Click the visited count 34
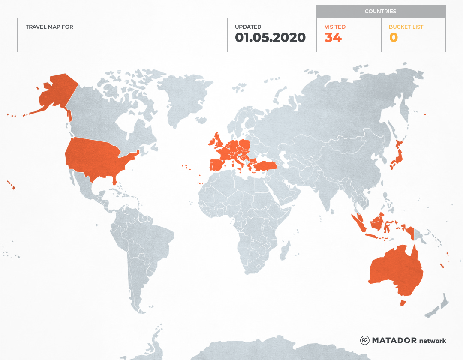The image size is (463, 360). click(333, 38)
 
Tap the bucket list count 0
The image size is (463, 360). click(393, 38)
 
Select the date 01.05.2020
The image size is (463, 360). click(270, 38)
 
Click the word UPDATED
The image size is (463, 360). click(248, 27)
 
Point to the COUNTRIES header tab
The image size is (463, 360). click(380, 12)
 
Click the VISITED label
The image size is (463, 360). click(335, 27)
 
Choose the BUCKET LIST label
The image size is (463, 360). click(406, 27)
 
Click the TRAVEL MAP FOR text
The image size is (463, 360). click(49, 27)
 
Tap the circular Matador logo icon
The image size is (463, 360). click(365, 340)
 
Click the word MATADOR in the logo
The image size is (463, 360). click(394, 340)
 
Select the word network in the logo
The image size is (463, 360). click(433, 341)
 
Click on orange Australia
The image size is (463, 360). click(397, 270)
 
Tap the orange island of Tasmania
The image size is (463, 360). click(403, 303)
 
